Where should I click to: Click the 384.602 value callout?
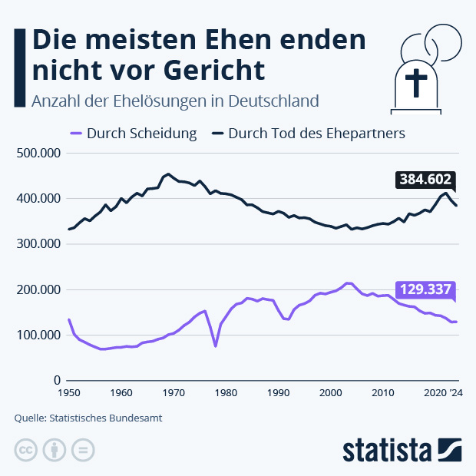(x=425, y=180)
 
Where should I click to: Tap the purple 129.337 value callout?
(x=425, y=289)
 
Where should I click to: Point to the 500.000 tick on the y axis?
(x=38, y=154)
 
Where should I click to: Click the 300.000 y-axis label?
(x=38, y=244)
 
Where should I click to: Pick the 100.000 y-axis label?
(x=38, y=336)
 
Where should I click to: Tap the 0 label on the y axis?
(x=56, y=381)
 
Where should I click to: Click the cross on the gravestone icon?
(x=416, y=82)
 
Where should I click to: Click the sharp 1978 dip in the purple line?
(x=216, y=346)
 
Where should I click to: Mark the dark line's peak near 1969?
(x=168, y=174)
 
